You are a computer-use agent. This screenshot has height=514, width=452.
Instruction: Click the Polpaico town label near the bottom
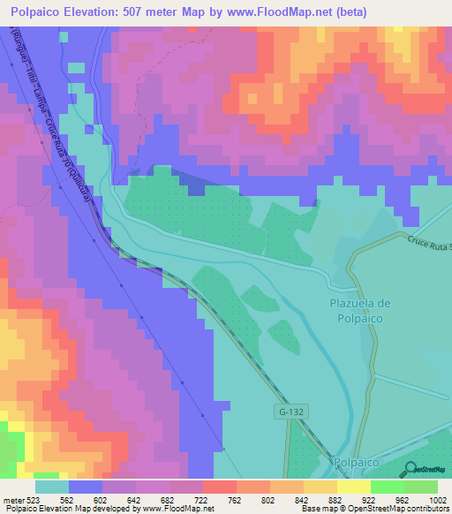pyautogui.click(x=358, y=462)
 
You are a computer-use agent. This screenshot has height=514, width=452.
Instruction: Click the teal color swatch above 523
pyautogui.click(x=52, y=487)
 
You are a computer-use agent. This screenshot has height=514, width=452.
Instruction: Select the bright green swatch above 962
pyautogui.click(x=387, y=487)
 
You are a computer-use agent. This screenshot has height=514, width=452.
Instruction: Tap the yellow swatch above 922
pyautogui.click(x=353, y=487)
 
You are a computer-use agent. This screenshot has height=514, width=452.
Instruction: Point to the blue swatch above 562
pyautogui.click(x=86, y=487)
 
